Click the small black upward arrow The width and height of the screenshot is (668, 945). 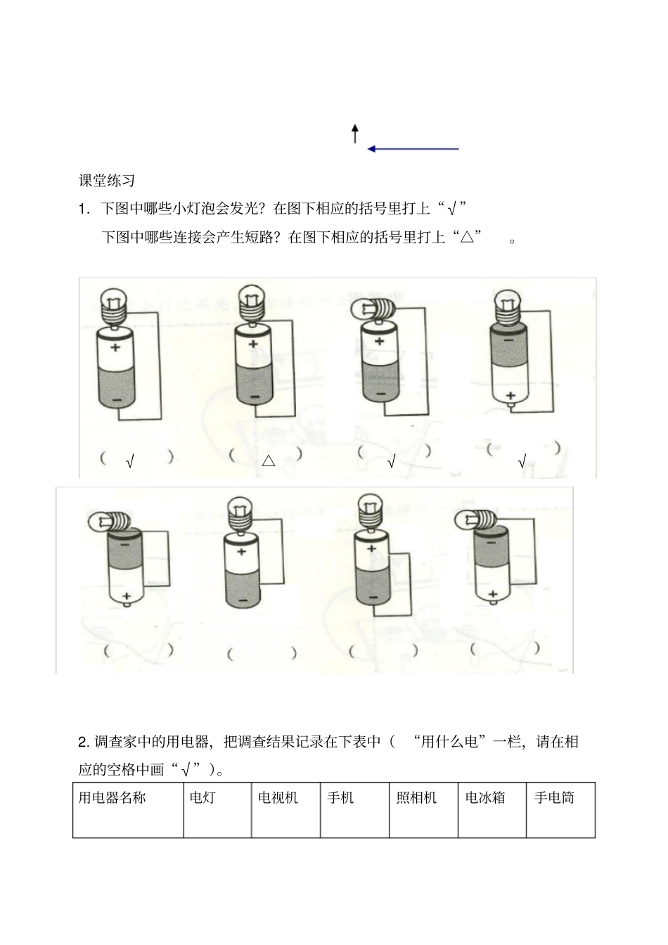click(x=355, y=134)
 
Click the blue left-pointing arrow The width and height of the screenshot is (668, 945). click(x=413, y=149)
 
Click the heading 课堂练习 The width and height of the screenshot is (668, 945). click(x=106, y=181)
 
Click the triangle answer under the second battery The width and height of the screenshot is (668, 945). click(x=268, y=461)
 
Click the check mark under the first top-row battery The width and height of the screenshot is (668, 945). click(x=130, y=462)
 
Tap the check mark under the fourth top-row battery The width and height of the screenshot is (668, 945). click(x=522, y=462)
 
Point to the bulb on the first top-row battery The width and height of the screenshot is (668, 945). click(x=113, y=304)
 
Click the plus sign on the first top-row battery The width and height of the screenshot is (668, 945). click(x=115, y=347)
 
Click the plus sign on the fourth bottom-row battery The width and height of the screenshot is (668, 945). click(x=493, y=594)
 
